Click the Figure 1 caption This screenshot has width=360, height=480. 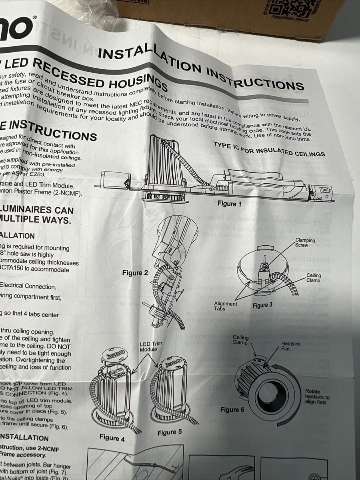point(230,204)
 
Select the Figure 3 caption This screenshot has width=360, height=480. point(262,305)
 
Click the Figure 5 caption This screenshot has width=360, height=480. point(170,432)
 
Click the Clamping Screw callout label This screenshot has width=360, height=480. point(305,243)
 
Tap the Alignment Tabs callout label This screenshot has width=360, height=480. point(226,307)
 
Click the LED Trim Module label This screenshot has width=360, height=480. point(148,346)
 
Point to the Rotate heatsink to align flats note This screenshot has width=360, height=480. point(318,397)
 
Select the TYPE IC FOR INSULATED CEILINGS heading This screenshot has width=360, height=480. point(269,149)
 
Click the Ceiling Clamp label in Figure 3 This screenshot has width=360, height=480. point(314,278)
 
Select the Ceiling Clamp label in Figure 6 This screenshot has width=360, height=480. point(240,340)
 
